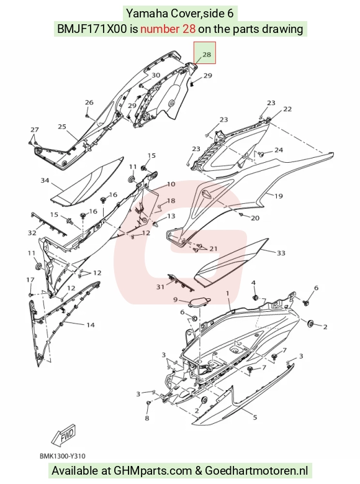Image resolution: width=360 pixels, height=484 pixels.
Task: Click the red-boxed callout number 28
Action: (x=206, y=55)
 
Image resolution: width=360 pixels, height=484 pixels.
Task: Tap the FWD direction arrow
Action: (x=63, y=436)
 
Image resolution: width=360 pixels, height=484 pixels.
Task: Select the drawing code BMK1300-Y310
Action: (x=62, y=456)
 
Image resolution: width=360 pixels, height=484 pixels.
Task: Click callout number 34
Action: (x=45, y=180)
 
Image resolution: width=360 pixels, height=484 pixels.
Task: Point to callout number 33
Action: (x=281, y=253)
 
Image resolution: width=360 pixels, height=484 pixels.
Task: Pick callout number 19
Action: (x=279, y=196)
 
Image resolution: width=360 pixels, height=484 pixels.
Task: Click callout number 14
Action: (x=91, y=325)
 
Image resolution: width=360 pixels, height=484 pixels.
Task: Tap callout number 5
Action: (x=255, y=418)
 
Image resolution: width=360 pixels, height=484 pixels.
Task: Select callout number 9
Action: (x=175, y=299)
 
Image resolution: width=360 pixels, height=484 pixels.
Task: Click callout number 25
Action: (x=62, y=127)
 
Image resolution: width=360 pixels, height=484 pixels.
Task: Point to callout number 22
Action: (x=287, y=109)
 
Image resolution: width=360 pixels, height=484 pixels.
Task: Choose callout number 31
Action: (x=160, y=287)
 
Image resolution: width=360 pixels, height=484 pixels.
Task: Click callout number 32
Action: (x=32, y=232)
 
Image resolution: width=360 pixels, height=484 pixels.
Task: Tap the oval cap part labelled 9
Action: (x=200, y=302)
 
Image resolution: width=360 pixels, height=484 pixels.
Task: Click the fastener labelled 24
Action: (x=261, y=153)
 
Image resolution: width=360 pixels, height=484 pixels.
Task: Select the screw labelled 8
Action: (x=148, y=403)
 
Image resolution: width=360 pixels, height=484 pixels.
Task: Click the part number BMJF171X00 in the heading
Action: (x=92, y=29)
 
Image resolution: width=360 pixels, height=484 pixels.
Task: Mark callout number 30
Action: (x=156, y=75)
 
